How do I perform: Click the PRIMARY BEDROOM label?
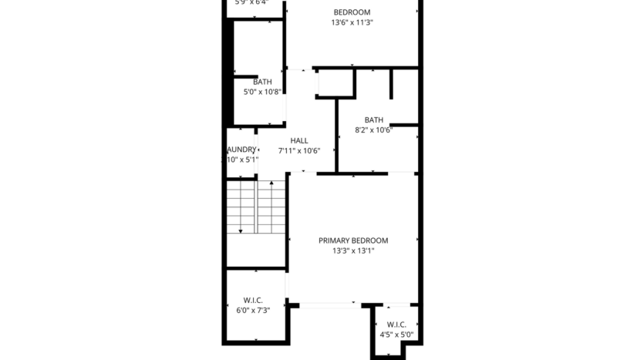[353, 241]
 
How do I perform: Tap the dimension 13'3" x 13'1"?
[353, 251]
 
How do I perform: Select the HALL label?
[299, 140]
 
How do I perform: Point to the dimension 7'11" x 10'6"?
[299, 151]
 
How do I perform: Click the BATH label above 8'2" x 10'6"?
[374, 119]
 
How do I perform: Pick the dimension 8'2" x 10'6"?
[374, 130]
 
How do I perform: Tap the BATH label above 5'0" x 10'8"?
[262, 82]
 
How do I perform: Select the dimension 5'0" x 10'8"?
[262, 93]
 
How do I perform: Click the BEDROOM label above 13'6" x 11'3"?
[352, 12]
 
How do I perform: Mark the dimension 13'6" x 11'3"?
[352, 23]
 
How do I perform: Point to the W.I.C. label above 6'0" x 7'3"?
[253, 300]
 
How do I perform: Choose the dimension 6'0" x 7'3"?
[253, 311]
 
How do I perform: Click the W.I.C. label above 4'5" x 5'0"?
[396, 325]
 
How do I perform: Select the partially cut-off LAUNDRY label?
[241, 150]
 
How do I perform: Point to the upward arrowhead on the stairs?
[271, 184]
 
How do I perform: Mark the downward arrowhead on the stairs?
[241, 230]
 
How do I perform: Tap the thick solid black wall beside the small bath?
[228, 73]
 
